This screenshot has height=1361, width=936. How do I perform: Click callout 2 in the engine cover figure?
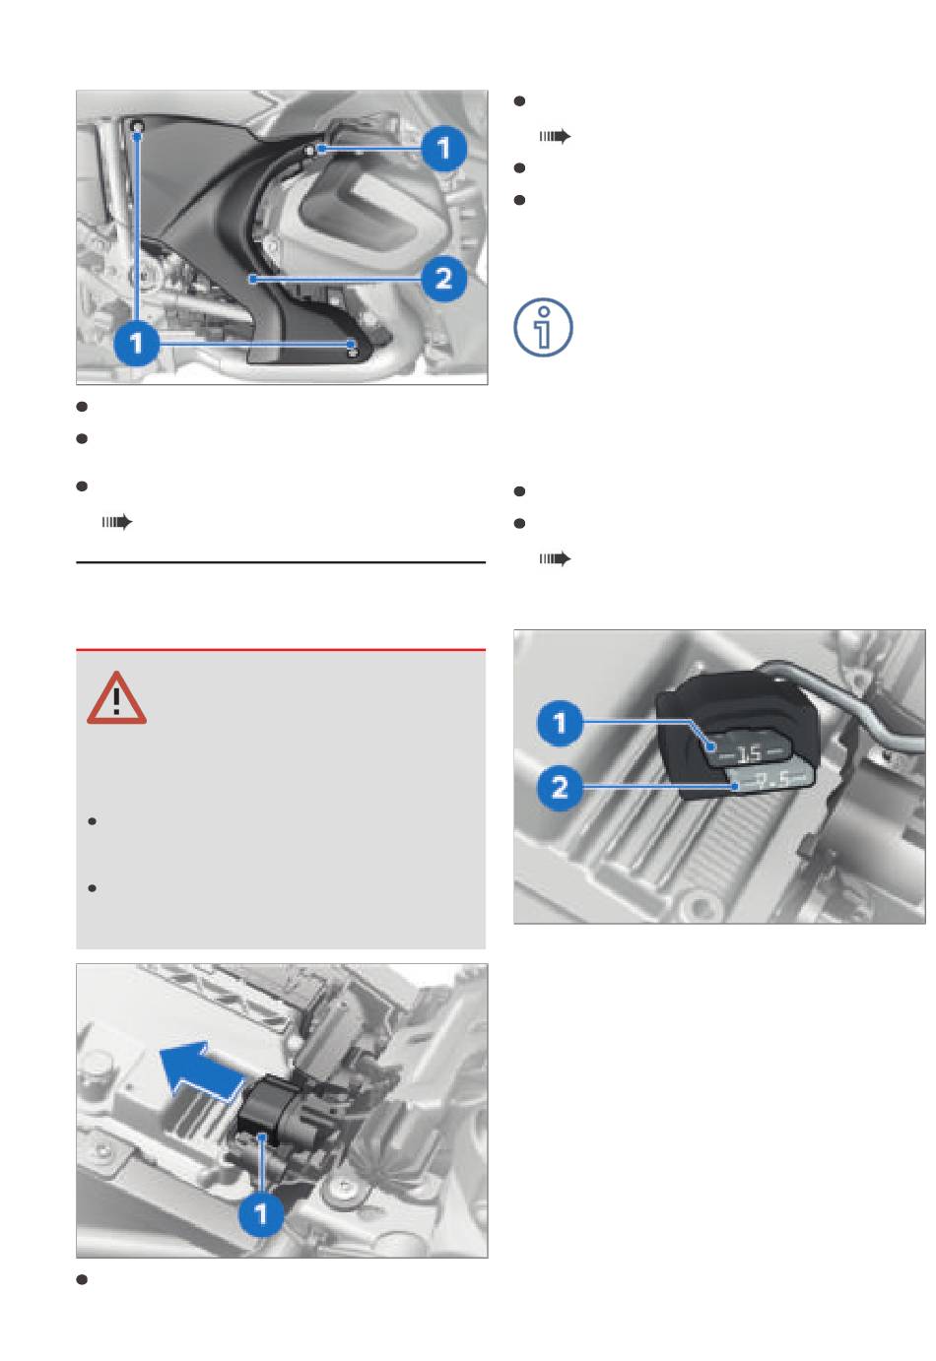(444, 279)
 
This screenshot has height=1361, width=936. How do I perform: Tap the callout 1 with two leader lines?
(137, 343)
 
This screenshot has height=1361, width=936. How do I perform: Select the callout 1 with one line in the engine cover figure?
(444, 149)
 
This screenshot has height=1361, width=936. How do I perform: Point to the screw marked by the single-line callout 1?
(310, 150)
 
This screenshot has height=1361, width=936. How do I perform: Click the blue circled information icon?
(543, 327)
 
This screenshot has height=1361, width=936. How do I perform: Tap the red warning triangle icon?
(116, 699)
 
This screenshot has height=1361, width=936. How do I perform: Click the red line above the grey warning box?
(281, 650)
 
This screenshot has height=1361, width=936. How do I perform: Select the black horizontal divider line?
(281, 562)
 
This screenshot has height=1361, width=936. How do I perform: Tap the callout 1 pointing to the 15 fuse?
(561, 723)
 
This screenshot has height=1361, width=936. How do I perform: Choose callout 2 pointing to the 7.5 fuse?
(561, 788)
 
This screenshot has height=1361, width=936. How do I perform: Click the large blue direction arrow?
(201, 1072)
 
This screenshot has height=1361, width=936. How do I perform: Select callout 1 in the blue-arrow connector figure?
(261, 1213)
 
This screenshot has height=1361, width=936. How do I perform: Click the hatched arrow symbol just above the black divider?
(116, 522)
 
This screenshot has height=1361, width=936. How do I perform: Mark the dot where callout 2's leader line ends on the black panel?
(251, 280)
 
